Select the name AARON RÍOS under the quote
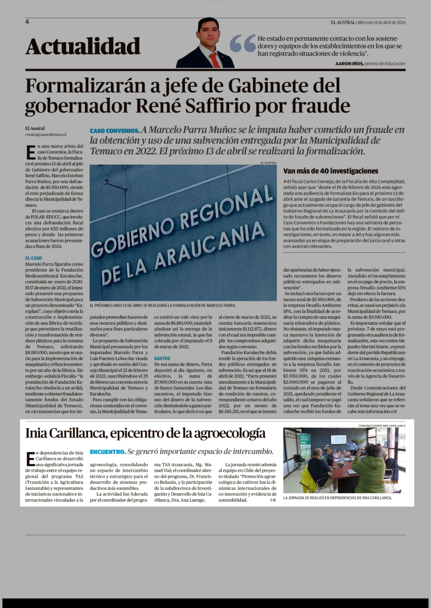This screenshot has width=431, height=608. [349, 64]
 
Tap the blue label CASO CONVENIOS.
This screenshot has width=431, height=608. [115, 131]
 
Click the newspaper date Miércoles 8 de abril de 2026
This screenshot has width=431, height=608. [381, 23]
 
